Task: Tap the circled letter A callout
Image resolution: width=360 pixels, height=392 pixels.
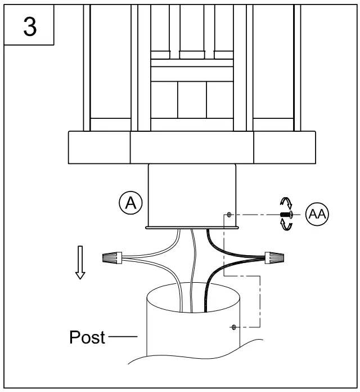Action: point(131,202)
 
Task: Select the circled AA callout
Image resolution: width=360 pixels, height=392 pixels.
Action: point(317,215)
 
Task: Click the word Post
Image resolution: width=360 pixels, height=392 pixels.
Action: point(87,337)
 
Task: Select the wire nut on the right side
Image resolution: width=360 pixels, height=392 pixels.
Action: point(274,259)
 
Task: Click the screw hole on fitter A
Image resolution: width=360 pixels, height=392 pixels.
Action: point(229,215)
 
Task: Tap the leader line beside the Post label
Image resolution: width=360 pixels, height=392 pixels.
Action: point(122,337)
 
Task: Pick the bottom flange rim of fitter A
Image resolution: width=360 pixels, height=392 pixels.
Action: point(192,228)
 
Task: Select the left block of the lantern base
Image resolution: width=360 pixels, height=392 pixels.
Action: point(99,147)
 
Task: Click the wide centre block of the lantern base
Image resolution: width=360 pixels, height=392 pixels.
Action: point(192,147)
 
